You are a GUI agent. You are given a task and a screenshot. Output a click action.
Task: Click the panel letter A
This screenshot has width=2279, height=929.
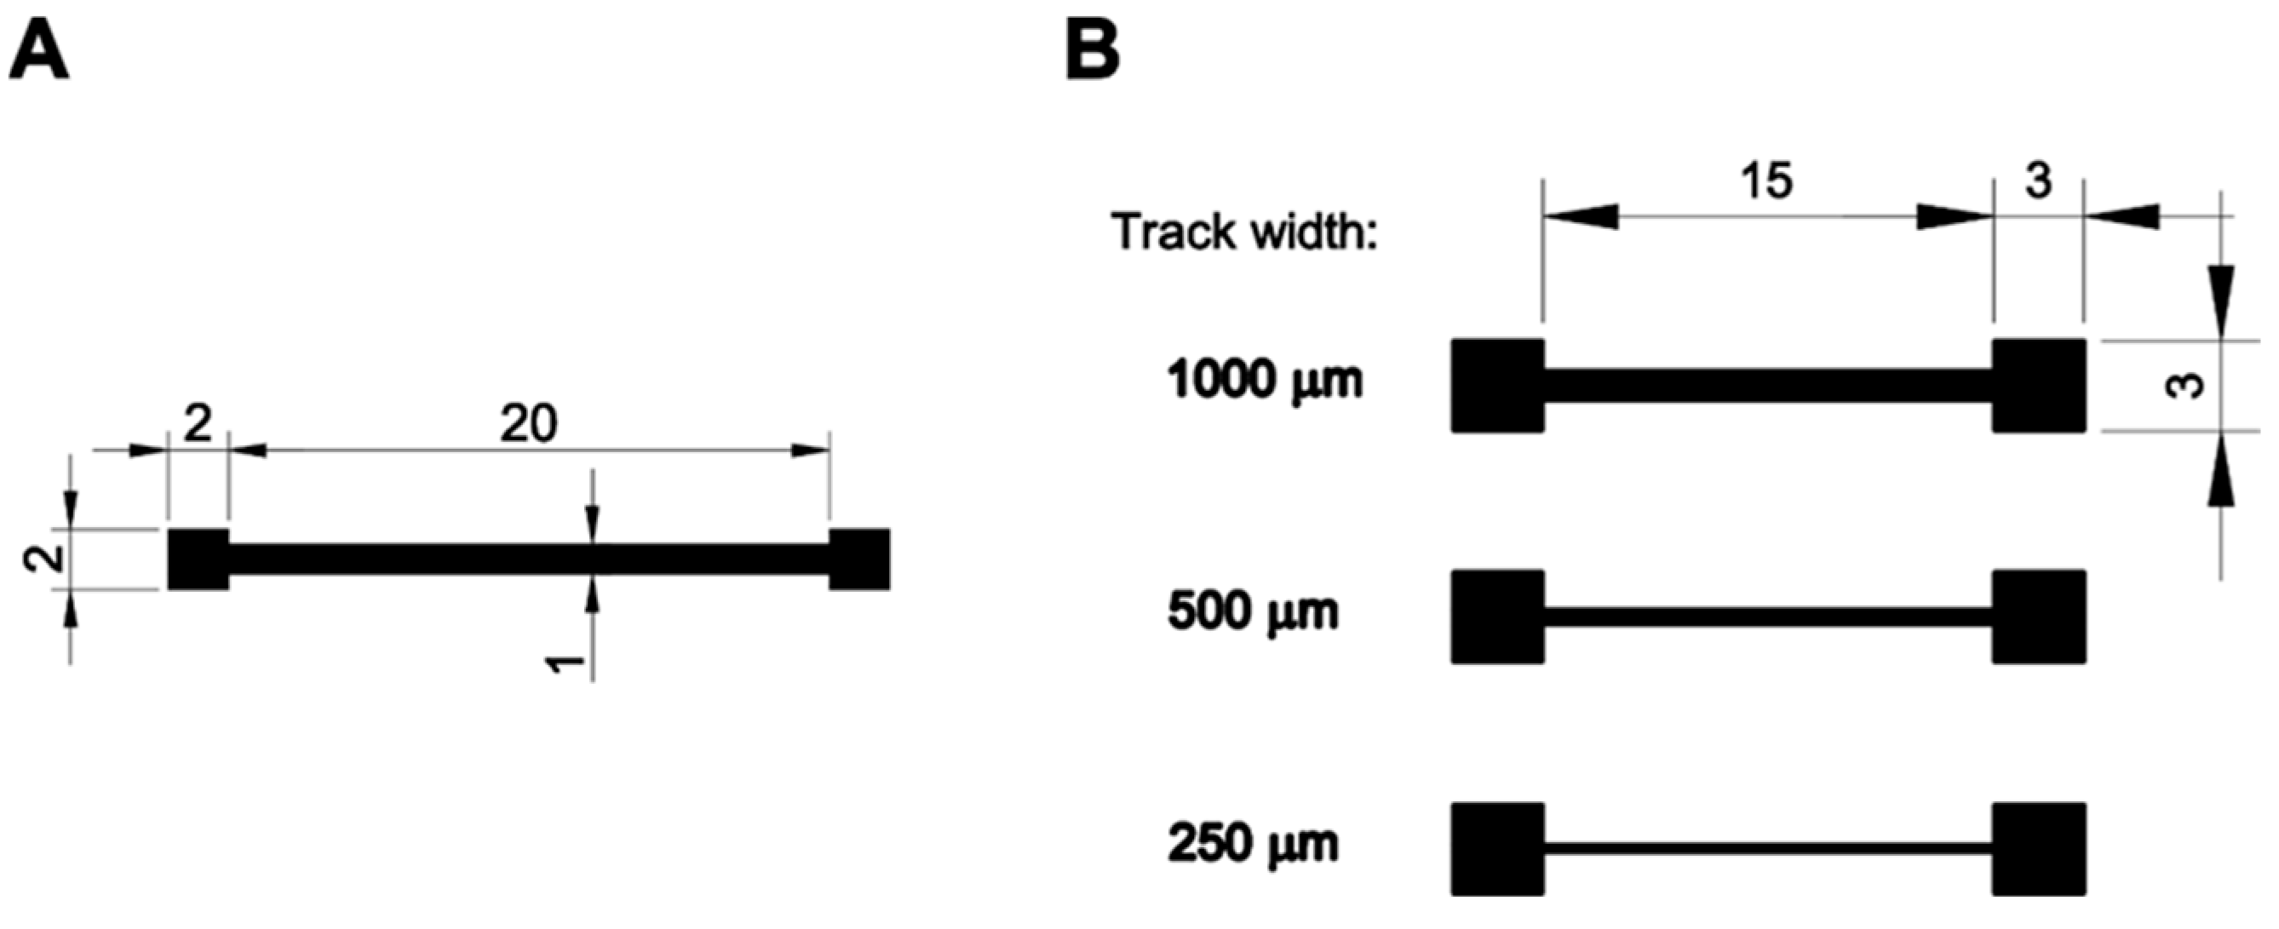(39, 52)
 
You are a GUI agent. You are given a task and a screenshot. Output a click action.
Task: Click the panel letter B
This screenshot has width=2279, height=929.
(1093, 52)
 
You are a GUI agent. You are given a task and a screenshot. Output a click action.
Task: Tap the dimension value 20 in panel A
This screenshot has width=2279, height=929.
(528, 424)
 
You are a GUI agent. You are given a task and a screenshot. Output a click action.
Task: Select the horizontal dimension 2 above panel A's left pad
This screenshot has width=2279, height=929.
(198, 424)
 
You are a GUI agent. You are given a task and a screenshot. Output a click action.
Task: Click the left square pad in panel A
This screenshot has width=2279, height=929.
(198, 559)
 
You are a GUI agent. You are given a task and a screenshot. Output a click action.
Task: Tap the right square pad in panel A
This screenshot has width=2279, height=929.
(859, 559)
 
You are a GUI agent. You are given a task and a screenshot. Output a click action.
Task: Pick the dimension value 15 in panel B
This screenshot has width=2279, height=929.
(1767, 181)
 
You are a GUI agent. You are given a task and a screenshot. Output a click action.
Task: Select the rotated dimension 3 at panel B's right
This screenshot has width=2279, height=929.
(2186, 386)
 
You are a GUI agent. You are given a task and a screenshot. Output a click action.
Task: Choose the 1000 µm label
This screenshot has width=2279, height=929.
(1266, 381)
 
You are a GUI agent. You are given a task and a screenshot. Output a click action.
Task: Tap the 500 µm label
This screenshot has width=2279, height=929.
(1253, 611)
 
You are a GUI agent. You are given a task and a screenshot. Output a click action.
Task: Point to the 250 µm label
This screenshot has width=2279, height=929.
(1253, 843)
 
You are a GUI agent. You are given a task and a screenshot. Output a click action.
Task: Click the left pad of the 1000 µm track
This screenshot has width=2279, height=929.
(1498, 386)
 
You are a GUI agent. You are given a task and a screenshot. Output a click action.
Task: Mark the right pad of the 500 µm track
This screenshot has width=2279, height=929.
(2038, 616)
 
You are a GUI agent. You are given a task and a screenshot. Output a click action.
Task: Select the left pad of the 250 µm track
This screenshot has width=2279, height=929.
(1498, 848)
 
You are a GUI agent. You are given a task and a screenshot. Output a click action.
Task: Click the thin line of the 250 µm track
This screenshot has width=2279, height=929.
(1768, 848)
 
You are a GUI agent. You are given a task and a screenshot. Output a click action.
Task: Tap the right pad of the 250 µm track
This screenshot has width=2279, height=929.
(2038, 848)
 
